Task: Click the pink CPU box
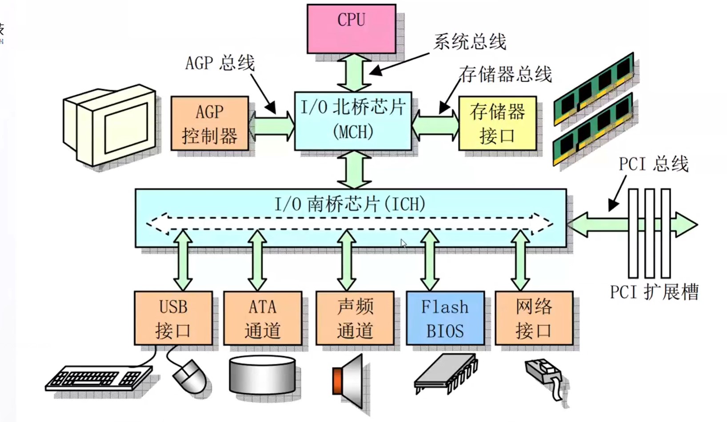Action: pos(351,29)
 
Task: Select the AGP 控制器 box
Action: pos(209,123)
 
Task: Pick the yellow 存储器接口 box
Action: pos(497,123)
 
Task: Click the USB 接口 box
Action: pos(173,318)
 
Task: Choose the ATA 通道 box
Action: pos(263,318)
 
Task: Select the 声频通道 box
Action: pos(355,318)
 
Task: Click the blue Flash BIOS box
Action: pos(445,318)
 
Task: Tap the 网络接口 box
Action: pos(534,318)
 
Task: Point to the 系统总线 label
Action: pos(469,42)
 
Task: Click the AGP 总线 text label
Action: pos(220,63)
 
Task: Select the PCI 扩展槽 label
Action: pos(654,292)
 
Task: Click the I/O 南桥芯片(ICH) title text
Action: pos(350,204)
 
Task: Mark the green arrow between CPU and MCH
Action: pos(354,73)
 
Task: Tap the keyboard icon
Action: pos(99,378)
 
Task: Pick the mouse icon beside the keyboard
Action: pos(190,376)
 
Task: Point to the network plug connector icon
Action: pos(544,375)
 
